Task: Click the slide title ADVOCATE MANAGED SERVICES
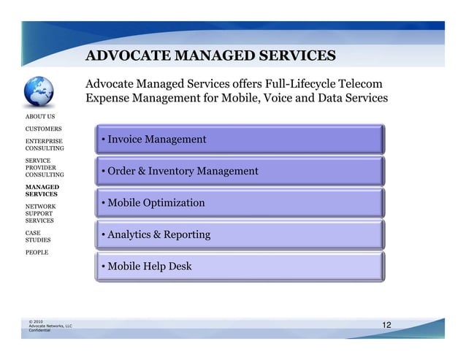210,55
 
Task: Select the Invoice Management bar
238,139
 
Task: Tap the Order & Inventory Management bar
238,171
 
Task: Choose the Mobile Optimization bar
238,203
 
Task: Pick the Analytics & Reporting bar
238,234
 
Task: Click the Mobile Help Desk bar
238,267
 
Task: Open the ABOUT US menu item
40,116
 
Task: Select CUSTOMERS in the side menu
43,129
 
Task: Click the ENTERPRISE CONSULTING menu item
45,144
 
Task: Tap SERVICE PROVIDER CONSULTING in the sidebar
45,166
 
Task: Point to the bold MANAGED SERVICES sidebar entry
43,191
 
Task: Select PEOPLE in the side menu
37,252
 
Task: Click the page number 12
388,323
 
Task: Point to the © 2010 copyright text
35,321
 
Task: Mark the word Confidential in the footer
39,330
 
